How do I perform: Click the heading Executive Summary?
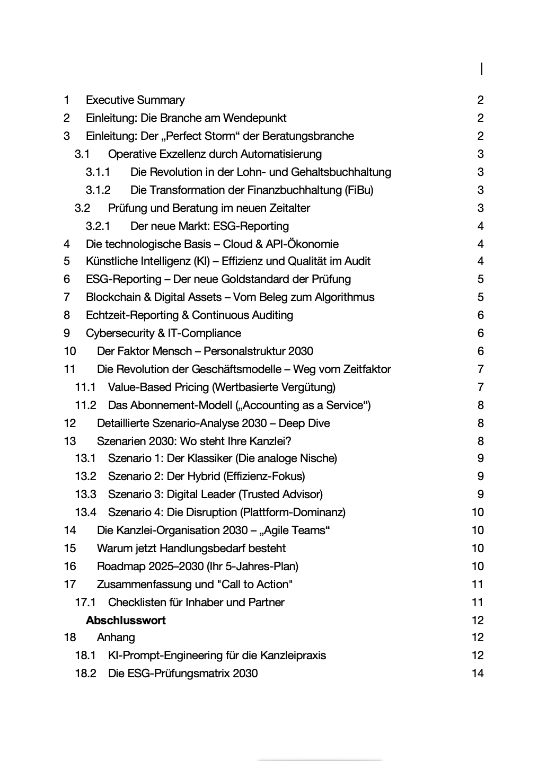point(135,100)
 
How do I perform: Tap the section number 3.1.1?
point(98,172)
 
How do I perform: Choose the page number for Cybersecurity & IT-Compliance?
point(480,333)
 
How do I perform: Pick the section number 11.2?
point(85,405)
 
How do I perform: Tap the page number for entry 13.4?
point(478,512)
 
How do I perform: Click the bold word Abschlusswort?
point(126,621)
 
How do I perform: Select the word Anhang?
point(116,638)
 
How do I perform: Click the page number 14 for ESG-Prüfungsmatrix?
point(478,674)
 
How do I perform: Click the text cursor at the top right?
point(482,69)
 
